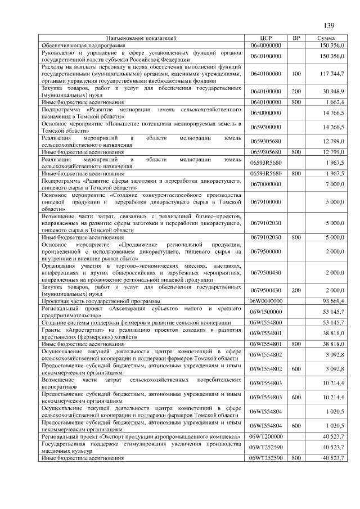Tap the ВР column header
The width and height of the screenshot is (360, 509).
(296, 38)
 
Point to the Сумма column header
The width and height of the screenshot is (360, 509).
(326, 38)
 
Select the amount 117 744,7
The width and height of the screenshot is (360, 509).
(332, 74)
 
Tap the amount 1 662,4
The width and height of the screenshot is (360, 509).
(335, 102)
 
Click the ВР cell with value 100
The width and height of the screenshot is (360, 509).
(296, 74)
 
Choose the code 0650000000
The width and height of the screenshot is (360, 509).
(266, 113)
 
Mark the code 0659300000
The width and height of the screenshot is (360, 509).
(266, 127)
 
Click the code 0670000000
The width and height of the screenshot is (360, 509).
(266, 184)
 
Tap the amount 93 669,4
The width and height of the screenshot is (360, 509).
(334, 300)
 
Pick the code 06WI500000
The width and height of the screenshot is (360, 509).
(266, 311)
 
